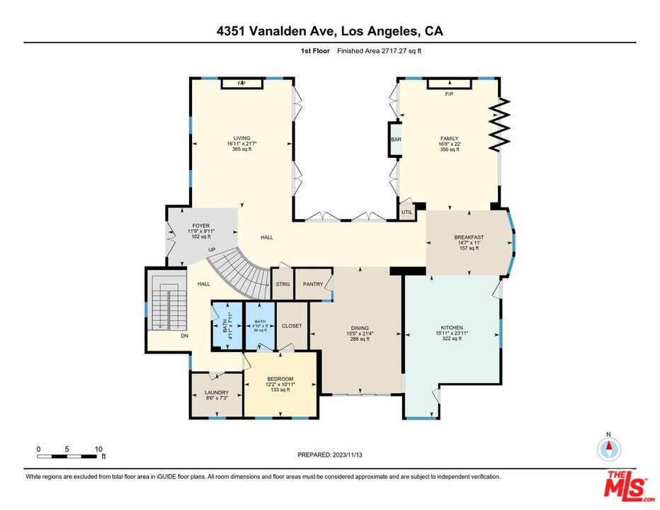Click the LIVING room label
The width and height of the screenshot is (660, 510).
tap(242, 139)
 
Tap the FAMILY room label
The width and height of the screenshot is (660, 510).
tap(449, 139)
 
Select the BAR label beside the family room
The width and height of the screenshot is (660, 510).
tap(395, 140)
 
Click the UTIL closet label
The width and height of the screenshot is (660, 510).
tap(406, 212)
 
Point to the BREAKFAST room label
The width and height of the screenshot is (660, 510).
tap(468, 237)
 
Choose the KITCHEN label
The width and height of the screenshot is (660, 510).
tap(451, 328)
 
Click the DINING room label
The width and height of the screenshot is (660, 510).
tap(360, 328)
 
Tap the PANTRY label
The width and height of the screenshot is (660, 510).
tap(312, 284)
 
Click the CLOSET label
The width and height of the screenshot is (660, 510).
tap(292, 326)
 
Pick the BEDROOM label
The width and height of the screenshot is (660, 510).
tap(280, 379)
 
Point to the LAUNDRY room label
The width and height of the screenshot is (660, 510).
tap(217, 392)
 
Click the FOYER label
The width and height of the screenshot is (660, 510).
tap(201, 226)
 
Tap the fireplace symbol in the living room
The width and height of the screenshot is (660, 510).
tap(242, 84)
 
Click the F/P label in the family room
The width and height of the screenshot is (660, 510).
tap(449, 94)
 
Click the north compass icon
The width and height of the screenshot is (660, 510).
tap(608, 448)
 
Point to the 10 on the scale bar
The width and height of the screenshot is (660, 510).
tap(99, 449)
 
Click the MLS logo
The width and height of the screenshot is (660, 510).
tap(626, 486)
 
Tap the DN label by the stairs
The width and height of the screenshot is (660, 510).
tap(184, 336)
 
